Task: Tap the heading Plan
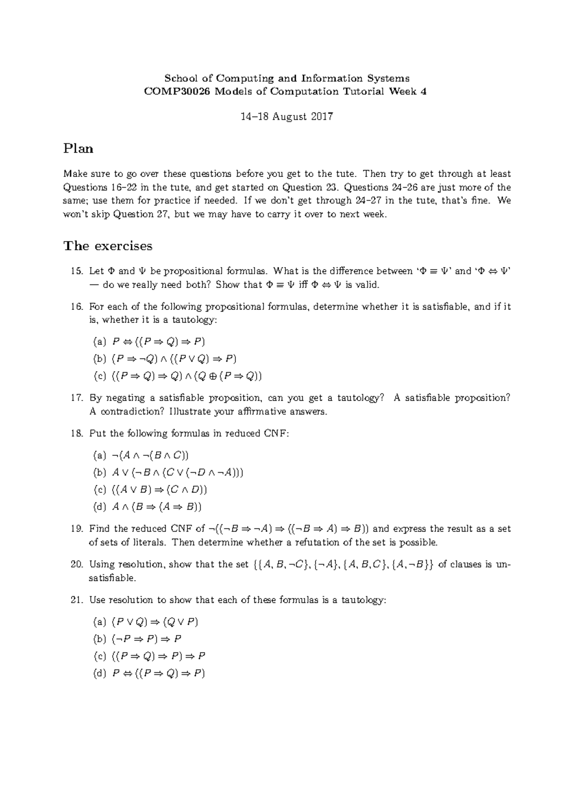[x=78, y=149]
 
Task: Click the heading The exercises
[x=108, y=246]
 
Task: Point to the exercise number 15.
[x=76, y=271]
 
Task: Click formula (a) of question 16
[x=158, y=342]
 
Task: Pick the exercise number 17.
[x=76, y=398]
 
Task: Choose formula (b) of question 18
[x=178, y=472]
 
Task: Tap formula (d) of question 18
[x=157, y=507]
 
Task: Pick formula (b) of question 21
[x=147, y=639]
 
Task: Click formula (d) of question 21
[x=158, y=674]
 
